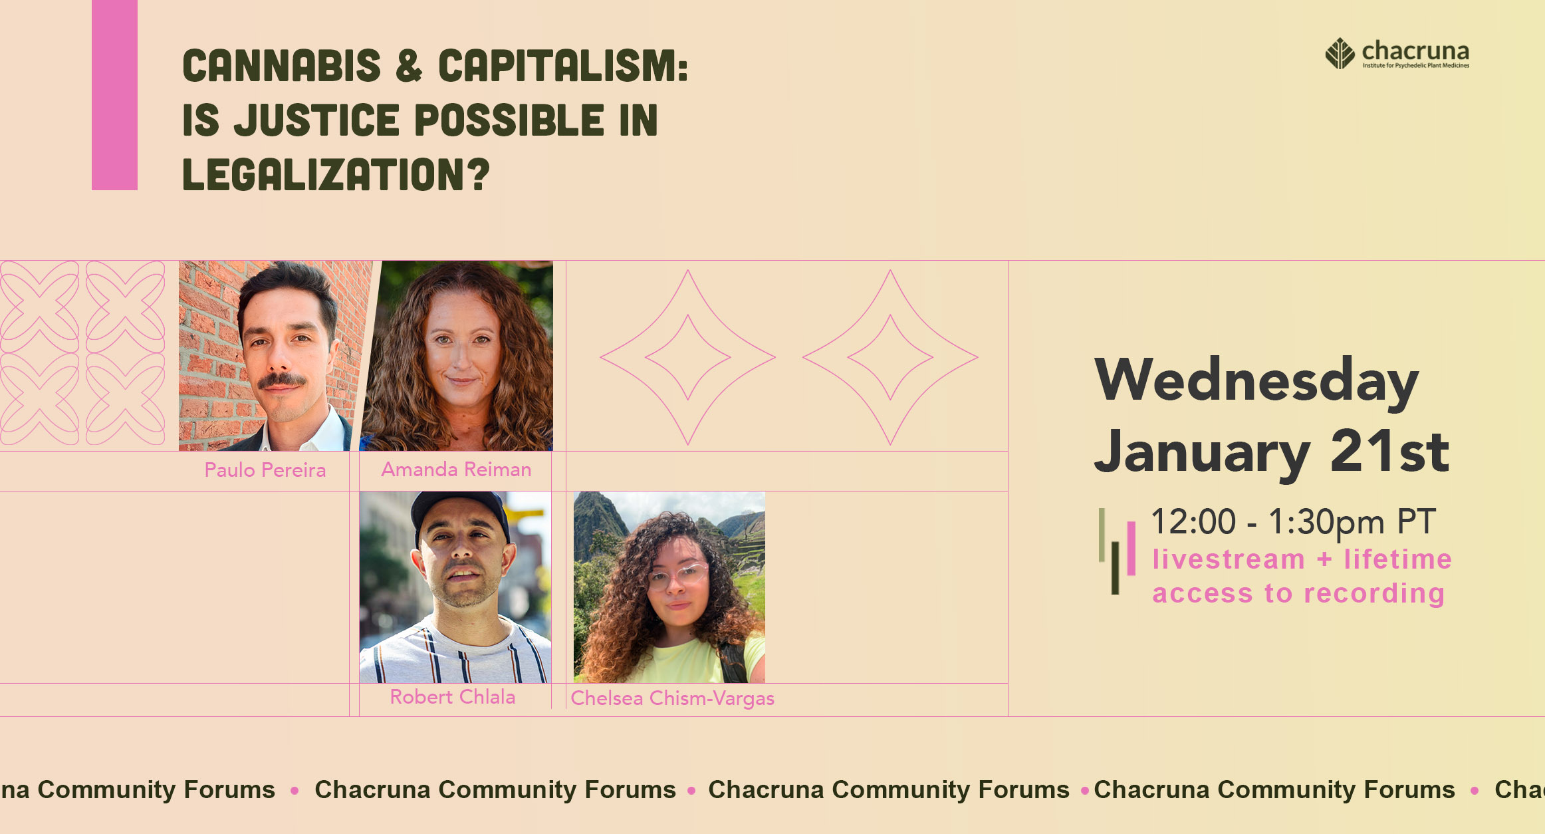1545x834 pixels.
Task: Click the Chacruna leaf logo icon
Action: tap(1340, 53)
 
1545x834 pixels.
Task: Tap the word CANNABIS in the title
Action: tap(282, 66)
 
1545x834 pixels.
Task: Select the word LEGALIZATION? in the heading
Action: tap(336, 174)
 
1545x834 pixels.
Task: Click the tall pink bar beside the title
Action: tap(114, 95)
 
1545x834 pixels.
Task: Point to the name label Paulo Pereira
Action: tap(265, 470)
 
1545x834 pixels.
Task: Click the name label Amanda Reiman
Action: tap(456, 470)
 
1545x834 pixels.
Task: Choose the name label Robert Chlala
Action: tap(453, 697)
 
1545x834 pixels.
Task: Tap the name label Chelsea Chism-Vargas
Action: tap(673, 698)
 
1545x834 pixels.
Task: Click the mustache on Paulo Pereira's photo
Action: tap(282, 380)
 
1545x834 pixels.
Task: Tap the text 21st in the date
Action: tap(1389, 450)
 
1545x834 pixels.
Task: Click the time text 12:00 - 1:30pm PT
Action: tap(1294, 521)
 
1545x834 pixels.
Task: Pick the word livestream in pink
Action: tap(1229, 559)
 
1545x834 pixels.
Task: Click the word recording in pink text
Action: tap(1374, 593)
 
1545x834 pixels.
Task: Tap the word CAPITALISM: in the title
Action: tap(563, 66)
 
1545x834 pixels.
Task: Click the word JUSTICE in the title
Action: tap(316, 120)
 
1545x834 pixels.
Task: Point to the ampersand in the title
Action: tap(410, 66)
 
